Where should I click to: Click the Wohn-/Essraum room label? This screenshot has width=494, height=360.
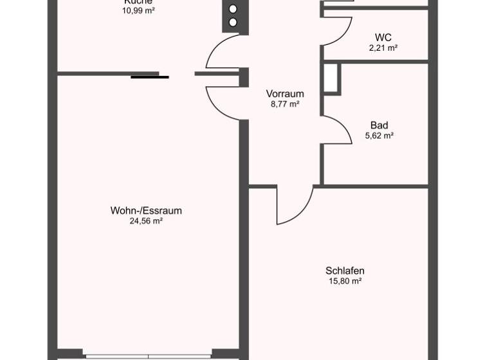[x=146, y=210]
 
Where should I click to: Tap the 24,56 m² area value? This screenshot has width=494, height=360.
[x=146, y=221]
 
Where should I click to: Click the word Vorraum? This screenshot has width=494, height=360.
[x=285, y=94]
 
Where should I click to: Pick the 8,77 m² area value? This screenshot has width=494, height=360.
[x=285, y=104]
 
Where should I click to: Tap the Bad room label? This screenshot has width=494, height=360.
[x=379, y=125]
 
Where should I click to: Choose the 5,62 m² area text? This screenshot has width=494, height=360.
[x=379, y=136]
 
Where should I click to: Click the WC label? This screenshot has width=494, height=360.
[x=383, y=37]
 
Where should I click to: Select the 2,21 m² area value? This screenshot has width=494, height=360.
[x=383, y=48]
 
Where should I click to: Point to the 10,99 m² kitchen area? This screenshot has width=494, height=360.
[x=138, y=10]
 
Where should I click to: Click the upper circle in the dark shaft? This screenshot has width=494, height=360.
[x=233, y=9]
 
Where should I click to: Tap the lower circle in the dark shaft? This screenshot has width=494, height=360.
[x=233, y=22]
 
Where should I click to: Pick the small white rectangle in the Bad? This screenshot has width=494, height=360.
[x=331, y=78]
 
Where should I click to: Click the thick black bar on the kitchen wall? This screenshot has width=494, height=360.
[x=150, y=77]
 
